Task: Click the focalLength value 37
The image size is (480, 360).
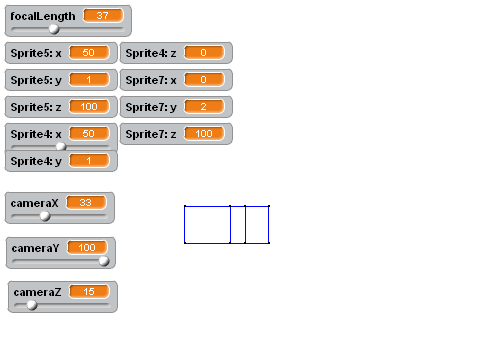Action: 103,16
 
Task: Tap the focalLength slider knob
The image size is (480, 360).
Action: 54,29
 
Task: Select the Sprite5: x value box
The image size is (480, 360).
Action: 89,53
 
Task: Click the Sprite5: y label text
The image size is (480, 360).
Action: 36,80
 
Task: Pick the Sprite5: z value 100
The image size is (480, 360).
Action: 89,107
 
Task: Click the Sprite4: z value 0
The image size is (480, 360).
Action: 204,53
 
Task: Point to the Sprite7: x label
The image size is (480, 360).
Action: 151,80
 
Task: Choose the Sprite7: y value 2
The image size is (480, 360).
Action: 204,107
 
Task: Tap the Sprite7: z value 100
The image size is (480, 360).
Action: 204,134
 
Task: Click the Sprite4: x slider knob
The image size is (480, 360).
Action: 61,146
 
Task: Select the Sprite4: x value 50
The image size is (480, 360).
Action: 89,134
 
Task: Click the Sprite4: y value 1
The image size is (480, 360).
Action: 89,161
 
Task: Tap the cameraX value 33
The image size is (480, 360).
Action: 86,203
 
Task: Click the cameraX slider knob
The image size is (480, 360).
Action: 45,216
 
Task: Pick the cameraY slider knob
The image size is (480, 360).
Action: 104,261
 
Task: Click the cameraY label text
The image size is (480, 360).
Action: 35,248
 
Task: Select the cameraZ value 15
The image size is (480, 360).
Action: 89,292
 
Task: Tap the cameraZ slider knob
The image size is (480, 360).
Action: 32,305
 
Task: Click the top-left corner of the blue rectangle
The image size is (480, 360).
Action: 185,206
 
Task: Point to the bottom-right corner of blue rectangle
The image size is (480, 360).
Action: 269,243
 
